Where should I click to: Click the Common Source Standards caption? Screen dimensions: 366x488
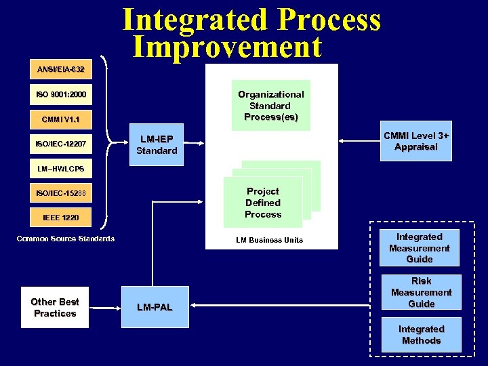66,239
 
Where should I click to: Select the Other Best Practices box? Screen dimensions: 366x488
55,308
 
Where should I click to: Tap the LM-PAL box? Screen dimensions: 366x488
155,308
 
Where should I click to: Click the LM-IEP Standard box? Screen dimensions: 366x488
157,144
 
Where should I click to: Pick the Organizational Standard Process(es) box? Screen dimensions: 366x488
271,106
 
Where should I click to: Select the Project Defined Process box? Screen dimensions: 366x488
263,203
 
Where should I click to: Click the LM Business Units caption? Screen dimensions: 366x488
270,240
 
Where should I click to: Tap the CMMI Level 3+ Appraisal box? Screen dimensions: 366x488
416,141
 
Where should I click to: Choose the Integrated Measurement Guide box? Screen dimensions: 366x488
419,248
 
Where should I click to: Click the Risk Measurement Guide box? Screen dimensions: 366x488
421,292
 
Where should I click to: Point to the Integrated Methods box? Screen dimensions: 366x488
421,335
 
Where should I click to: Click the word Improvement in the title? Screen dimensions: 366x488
227,47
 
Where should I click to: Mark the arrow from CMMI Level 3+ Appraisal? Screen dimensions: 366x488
359,141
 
